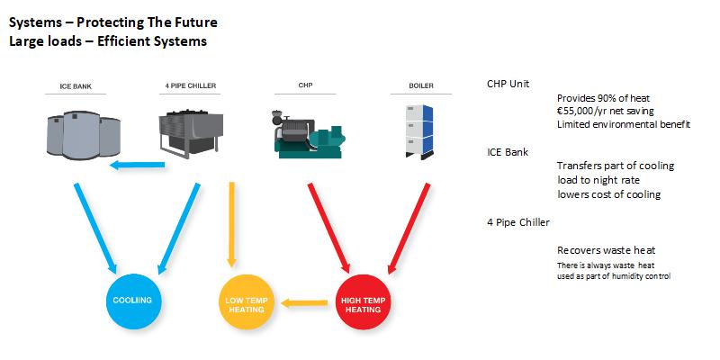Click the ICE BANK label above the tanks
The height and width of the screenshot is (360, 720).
75,88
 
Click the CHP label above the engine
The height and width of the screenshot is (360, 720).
305,88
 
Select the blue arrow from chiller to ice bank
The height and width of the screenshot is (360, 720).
139,165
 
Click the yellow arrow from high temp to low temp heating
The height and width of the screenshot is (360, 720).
304,303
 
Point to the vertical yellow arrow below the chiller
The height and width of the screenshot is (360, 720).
231,225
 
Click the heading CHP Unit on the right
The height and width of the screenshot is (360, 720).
508,84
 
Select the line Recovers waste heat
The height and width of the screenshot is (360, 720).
606,249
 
